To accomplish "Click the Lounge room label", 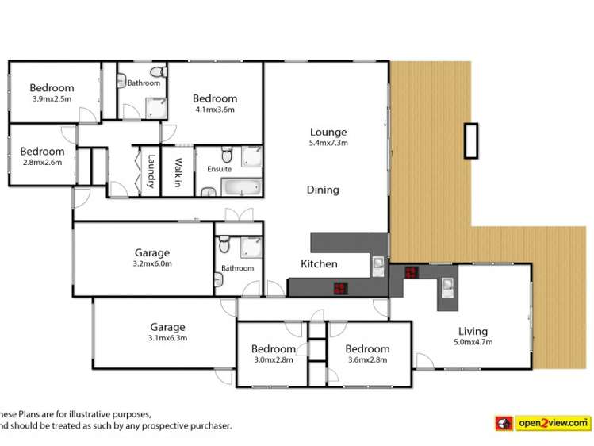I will click(328, 132).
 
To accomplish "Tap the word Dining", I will click(323, 190).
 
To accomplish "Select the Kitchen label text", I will click(319, 263).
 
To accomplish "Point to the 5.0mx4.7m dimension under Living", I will click(473, 343).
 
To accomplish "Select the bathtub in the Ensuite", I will click(239, 188).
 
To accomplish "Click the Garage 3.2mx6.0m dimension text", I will click(151, 264).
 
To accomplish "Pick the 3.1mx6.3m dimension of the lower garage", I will click(167, 337).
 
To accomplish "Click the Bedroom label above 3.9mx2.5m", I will click(52, 88).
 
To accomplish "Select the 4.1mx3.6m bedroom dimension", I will click(215, 110).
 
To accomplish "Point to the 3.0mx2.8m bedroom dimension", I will click(273, 359).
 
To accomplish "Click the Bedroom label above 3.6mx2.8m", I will click(367, 348).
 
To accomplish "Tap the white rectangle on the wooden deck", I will click(471, 141).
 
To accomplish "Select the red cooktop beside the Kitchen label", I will click(340, 288).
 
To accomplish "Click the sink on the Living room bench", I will click(447, 286).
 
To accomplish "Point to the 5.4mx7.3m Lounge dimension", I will click(328, 143).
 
